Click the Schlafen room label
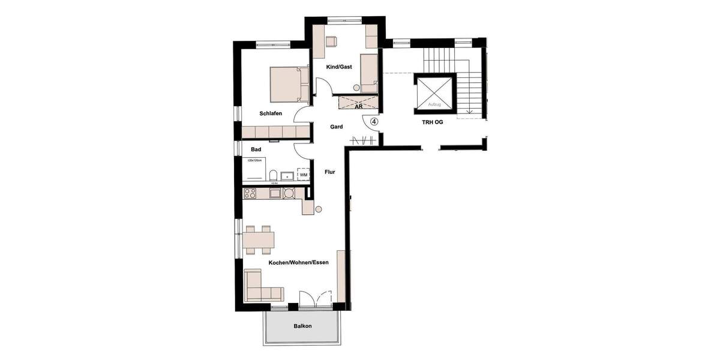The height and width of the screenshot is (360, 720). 271,113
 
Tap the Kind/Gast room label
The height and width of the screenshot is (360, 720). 339,67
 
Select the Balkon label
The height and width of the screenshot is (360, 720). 302,326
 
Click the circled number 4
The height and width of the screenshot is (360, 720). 374,121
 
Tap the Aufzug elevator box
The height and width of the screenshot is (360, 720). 434,94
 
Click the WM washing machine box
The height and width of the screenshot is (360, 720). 304,175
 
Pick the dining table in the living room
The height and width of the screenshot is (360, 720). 259,239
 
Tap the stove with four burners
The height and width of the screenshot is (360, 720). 250,193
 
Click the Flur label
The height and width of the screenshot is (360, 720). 329,172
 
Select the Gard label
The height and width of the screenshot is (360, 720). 337,127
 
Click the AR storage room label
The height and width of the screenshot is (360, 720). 358,107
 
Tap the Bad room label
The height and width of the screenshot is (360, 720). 256,149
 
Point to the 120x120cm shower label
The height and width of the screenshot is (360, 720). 255,161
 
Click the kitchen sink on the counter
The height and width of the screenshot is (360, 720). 274,193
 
